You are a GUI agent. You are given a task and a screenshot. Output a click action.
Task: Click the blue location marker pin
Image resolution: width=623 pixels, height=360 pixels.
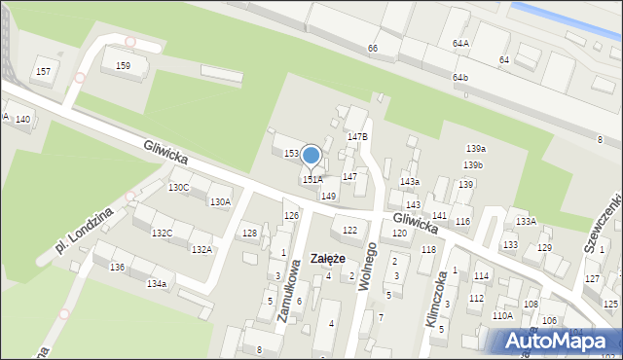point(311,156)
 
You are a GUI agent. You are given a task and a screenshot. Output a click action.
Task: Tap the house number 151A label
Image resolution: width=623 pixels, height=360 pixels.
point(312,180)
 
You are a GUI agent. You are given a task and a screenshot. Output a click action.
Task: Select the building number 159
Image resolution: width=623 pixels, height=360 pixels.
point(123,66)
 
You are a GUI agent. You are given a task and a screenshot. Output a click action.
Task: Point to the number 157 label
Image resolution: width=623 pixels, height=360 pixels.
point(43,72)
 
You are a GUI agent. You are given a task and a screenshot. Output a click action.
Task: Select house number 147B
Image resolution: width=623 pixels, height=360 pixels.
point(357,137)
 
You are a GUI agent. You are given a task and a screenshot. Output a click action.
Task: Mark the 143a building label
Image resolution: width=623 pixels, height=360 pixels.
point(409,182)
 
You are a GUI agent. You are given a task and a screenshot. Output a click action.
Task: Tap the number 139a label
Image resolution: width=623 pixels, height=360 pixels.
point(475,148)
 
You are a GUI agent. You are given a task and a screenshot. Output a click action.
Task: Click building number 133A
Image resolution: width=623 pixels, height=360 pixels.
point(526,222)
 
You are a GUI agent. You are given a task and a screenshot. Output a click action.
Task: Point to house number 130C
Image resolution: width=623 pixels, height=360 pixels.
point(178,187)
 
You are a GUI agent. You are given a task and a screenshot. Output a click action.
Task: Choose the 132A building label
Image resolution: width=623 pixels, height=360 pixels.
point(202,250)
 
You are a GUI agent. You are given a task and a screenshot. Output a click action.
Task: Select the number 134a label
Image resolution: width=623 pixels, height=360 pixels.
point(156,283)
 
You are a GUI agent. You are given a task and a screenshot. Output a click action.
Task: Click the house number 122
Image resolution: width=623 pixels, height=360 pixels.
point(349,230)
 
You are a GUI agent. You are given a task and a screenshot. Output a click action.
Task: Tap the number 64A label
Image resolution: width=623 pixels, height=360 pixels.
point(460,44)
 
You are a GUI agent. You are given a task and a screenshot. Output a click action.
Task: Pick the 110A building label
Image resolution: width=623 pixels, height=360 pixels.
point(502,315)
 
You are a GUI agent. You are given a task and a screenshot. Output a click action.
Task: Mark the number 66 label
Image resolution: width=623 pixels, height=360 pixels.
point(373,49)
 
